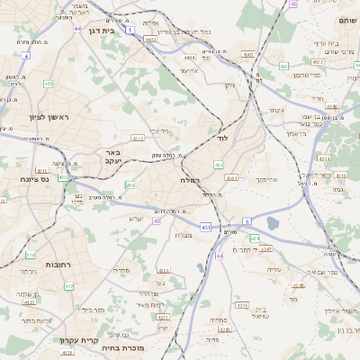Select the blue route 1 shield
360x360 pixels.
130,31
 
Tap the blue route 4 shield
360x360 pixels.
27,56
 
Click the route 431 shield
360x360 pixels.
206,227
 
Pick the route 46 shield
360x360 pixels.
293,4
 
